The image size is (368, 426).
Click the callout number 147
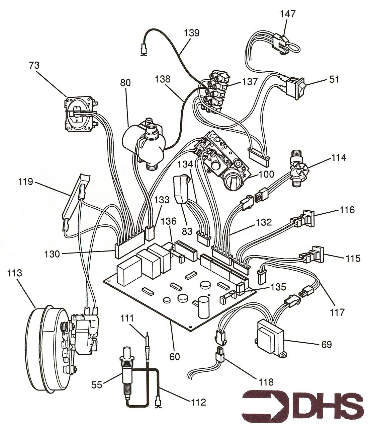(x=288, y=14)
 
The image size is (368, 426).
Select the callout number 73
(x=34, y=65)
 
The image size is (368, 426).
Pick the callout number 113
(x=14, y=273)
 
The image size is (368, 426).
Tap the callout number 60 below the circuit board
(x=174, y=357)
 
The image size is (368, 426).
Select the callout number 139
(x=191, y=33)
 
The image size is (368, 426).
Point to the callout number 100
(x=266, y=174)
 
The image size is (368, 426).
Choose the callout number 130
(x=52, y=254)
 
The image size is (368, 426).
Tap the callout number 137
(x=250, y=82)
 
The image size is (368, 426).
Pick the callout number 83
(x=187, y=231)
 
